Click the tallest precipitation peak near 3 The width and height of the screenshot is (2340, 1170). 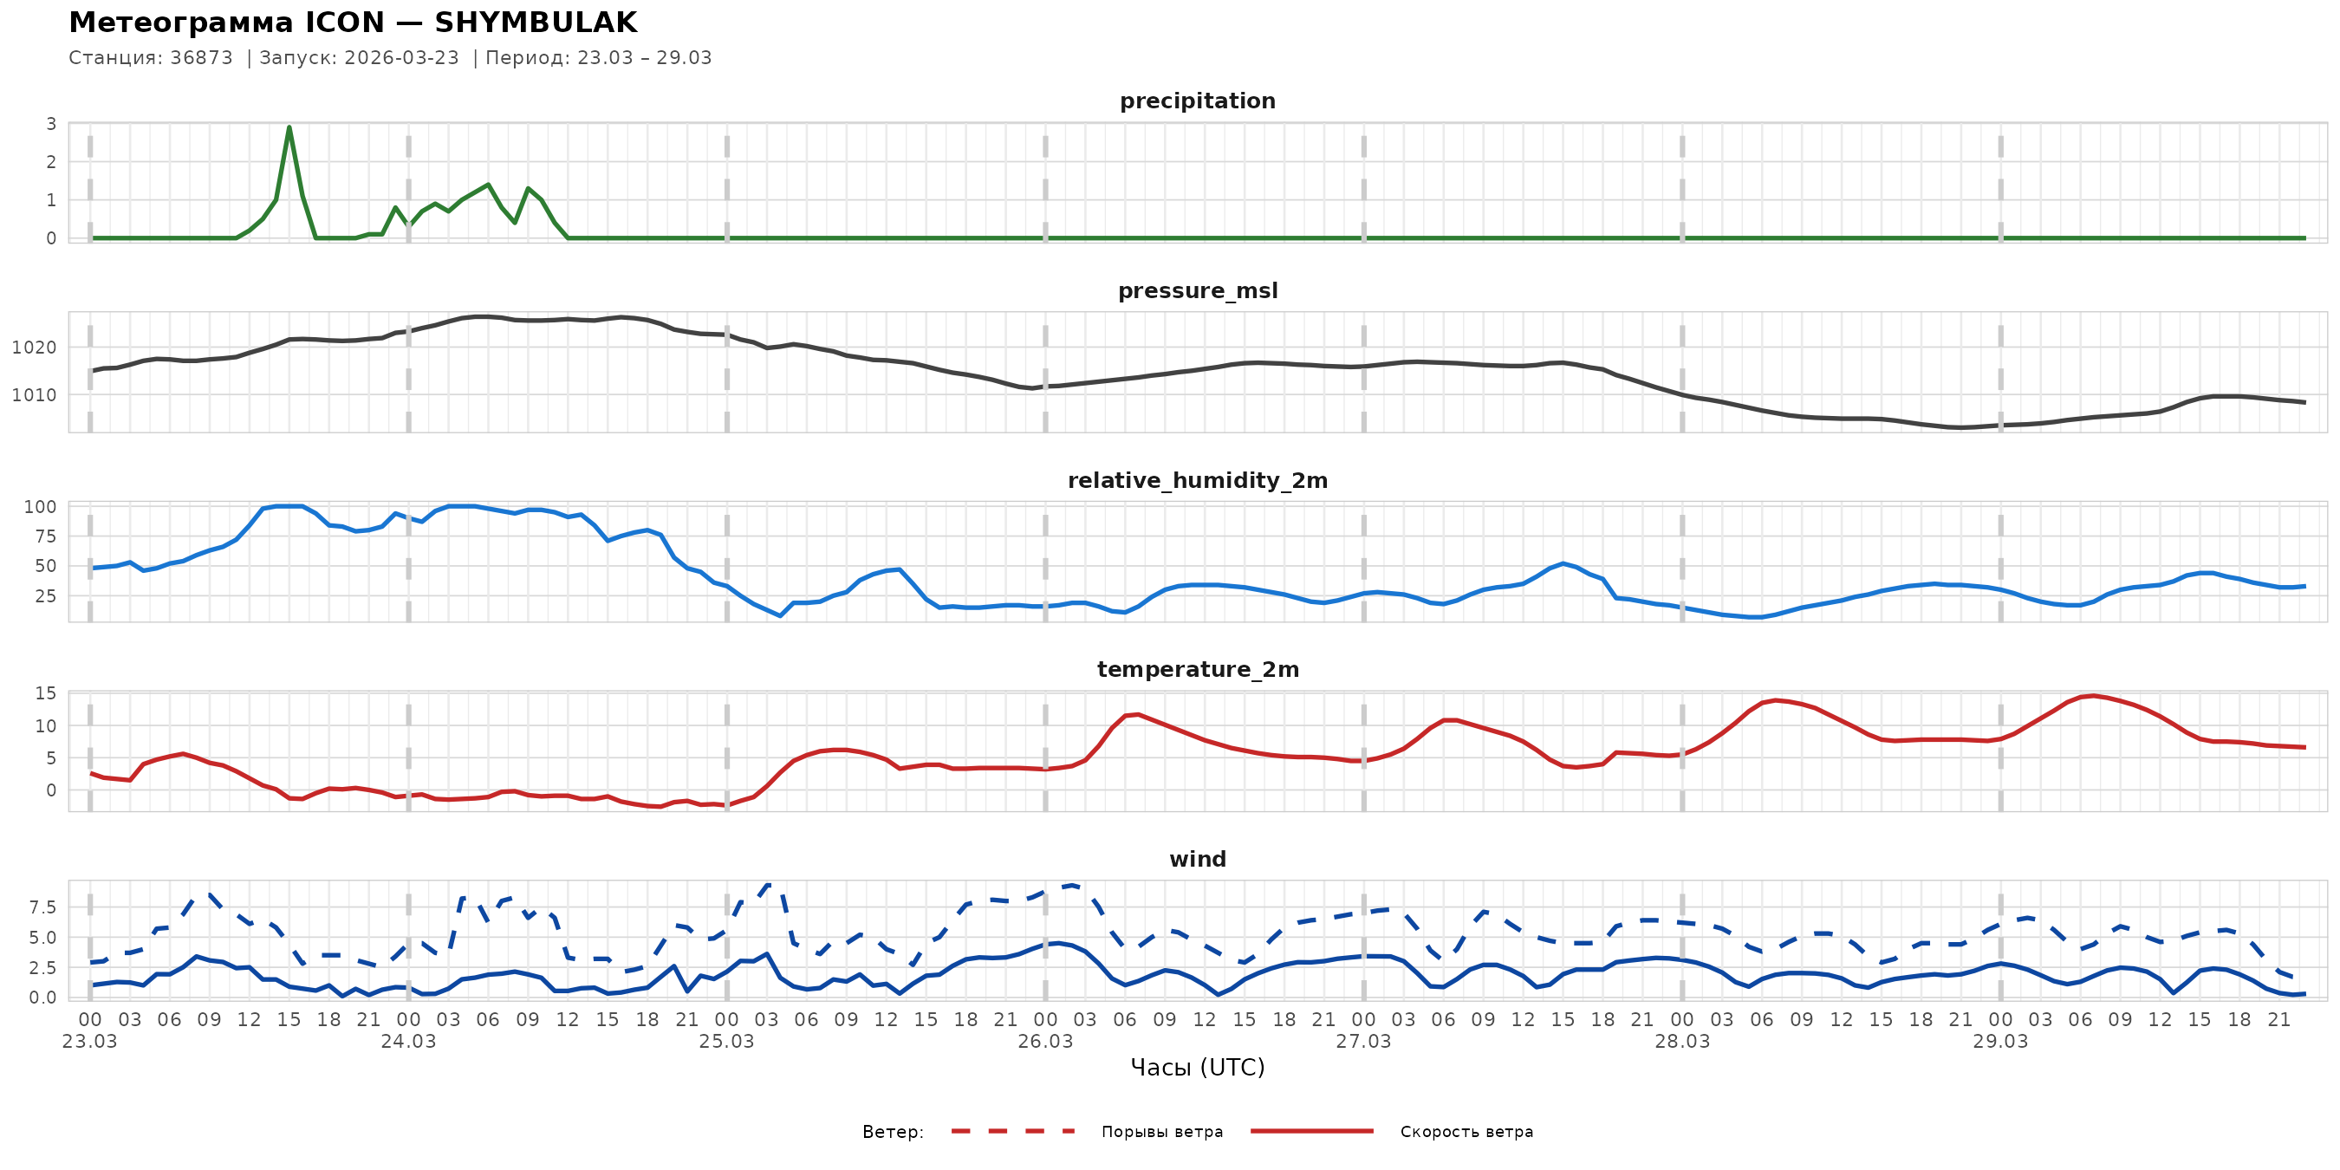289,127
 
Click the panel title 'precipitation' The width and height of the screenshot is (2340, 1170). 1197,101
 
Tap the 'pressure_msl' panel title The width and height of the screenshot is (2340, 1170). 1197,290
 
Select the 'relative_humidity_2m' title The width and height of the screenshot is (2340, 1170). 1197,480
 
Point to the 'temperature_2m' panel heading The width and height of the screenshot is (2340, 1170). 1197,669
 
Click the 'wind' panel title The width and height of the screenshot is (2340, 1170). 1197,860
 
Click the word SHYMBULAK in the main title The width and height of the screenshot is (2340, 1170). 536,23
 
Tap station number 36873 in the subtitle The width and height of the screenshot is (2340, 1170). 201,58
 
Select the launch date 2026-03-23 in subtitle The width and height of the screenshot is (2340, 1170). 401,58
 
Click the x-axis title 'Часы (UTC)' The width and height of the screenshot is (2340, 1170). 1197,1068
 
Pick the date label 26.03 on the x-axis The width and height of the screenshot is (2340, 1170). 1044,1042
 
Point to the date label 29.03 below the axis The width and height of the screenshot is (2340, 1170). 2000,1042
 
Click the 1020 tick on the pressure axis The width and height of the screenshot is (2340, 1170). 34,348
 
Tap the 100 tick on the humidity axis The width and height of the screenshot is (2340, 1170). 39,507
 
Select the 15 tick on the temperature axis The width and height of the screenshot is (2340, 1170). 45,694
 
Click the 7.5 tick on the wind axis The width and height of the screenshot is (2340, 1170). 42,907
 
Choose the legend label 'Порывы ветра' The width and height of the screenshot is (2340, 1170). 1162,1132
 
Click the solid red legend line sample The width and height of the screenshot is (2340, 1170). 1312,1131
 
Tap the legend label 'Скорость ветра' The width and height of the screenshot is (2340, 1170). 1466,1132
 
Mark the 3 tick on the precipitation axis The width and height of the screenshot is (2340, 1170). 51,125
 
